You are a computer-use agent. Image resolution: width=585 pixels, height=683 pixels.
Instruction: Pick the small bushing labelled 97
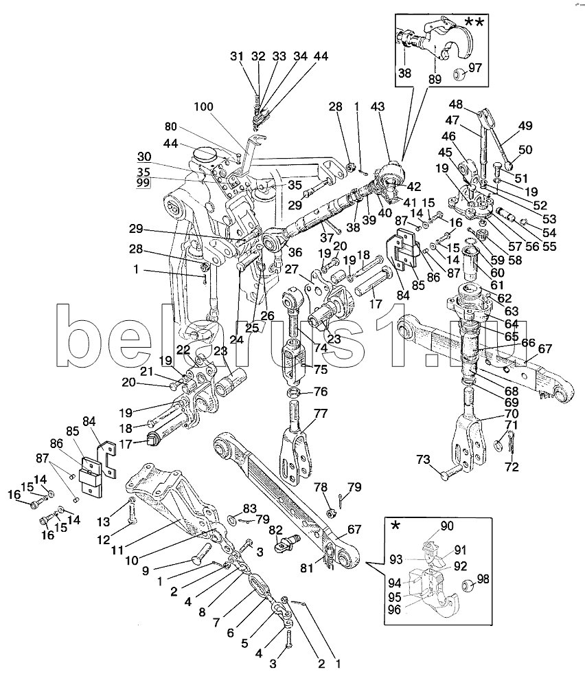coord(460,72)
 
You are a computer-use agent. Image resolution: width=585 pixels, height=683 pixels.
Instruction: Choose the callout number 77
coord(301,414)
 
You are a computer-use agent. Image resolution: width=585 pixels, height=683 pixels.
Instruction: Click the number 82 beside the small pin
coord(275,530)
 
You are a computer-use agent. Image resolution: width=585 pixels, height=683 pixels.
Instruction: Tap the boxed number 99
coord(143,185)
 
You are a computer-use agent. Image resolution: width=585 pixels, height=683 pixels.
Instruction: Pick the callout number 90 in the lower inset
coord(446,526)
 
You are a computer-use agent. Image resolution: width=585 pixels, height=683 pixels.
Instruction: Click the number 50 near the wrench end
coord(525,150)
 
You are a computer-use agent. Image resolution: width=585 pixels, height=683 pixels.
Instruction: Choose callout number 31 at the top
coord(237,56)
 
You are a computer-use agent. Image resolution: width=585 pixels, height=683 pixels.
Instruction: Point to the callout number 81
coord(306,568)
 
